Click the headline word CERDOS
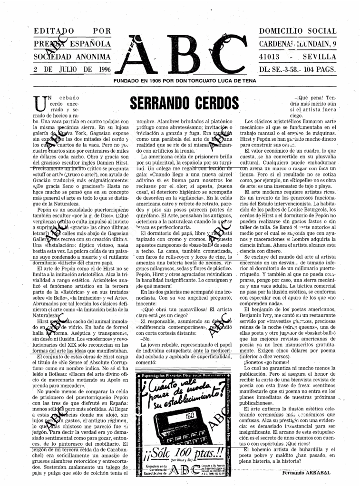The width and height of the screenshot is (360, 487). pos(212,103)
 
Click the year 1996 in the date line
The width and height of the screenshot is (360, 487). pos(102,69)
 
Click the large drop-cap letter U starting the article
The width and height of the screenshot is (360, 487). pos(40,102)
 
